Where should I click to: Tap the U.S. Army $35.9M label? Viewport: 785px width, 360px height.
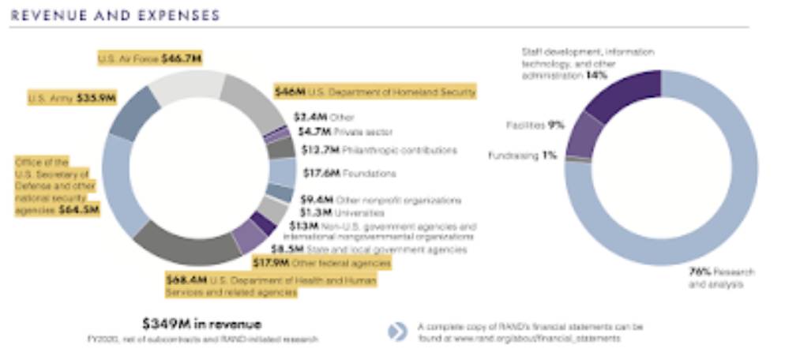tap(72, 99)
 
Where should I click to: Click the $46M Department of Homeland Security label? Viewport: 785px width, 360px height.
tap(374, 92)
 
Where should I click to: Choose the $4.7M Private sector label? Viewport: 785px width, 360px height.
tap(343, 131)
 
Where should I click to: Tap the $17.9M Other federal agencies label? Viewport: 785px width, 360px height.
tap(320, 262)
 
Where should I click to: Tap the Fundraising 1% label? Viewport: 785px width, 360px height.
tap(522, 156)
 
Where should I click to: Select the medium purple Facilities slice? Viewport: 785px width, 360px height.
tap(583, 135)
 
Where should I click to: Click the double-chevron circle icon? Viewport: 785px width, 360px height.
tap(398, 332)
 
